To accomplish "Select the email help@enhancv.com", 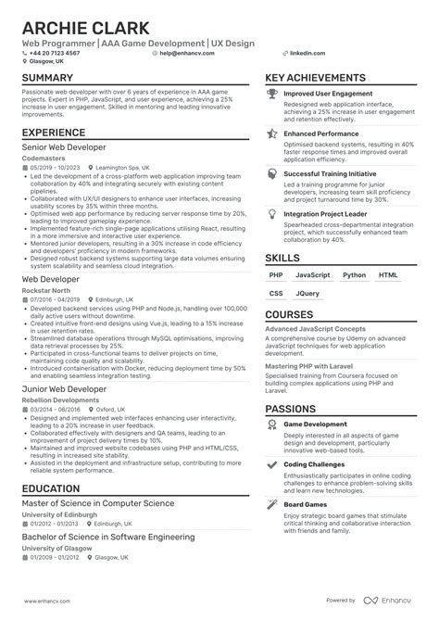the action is (x=186, y=53).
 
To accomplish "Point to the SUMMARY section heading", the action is (x=53, y=79).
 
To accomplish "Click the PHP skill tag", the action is (x=277, y=248).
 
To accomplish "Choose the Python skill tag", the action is (x=354, y=248).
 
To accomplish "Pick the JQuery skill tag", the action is (x=307, y=268).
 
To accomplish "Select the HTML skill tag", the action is (x=388, y=248).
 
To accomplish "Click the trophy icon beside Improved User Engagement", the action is (x=271, y=94).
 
